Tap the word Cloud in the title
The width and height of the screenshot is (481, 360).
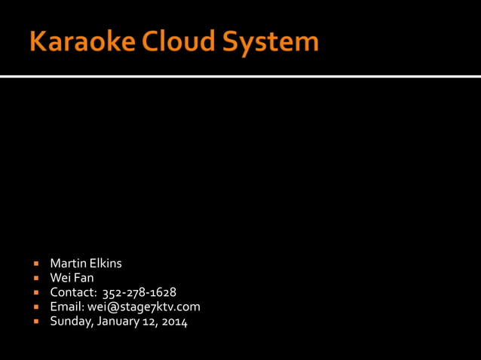pyautogui.click(x=179, y=41)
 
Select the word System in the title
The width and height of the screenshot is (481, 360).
pyautogui.click(x=269, y=43)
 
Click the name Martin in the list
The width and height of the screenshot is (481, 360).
pyautogui.click(x=66, y=264)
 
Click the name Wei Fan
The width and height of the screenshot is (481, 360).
pyautogui.click(x=72, y=278)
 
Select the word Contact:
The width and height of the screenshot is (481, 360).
pyautogui.click(x=73, y=292)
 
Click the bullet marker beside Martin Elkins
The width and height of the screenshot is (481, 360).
pyautogui.click(x=35, y=264)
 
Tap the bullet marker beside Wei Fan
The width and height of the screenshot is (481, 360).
pyautogui.click(x=35, y=279)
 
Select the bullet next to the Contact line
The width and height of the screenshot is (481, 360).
pyautogui.click(x=35, y=293)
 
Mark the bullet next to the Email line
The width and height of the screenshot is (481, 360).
pyautogui.click(x=35, y=307)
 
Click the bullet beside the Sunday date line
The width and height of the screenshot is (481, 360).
pyautogui.click(x=35, y=322)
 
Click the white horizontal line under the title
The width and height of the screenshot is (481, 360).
pyautogui.click(x=240, y=76)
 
